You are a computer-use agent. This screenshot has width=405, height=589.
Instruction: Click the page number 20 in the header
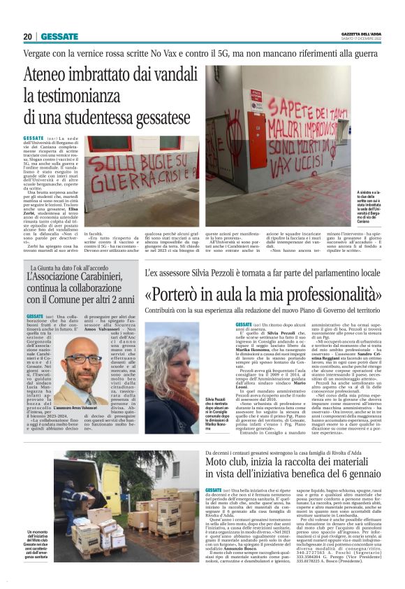[x=28, y=36]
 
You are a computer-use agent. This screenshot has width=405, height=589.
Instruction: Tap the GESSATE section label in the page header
[x=59, y=36]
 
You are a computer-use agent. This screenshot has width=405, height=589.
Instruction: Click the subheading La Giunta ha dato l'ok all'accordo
[x=76, y=268]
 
